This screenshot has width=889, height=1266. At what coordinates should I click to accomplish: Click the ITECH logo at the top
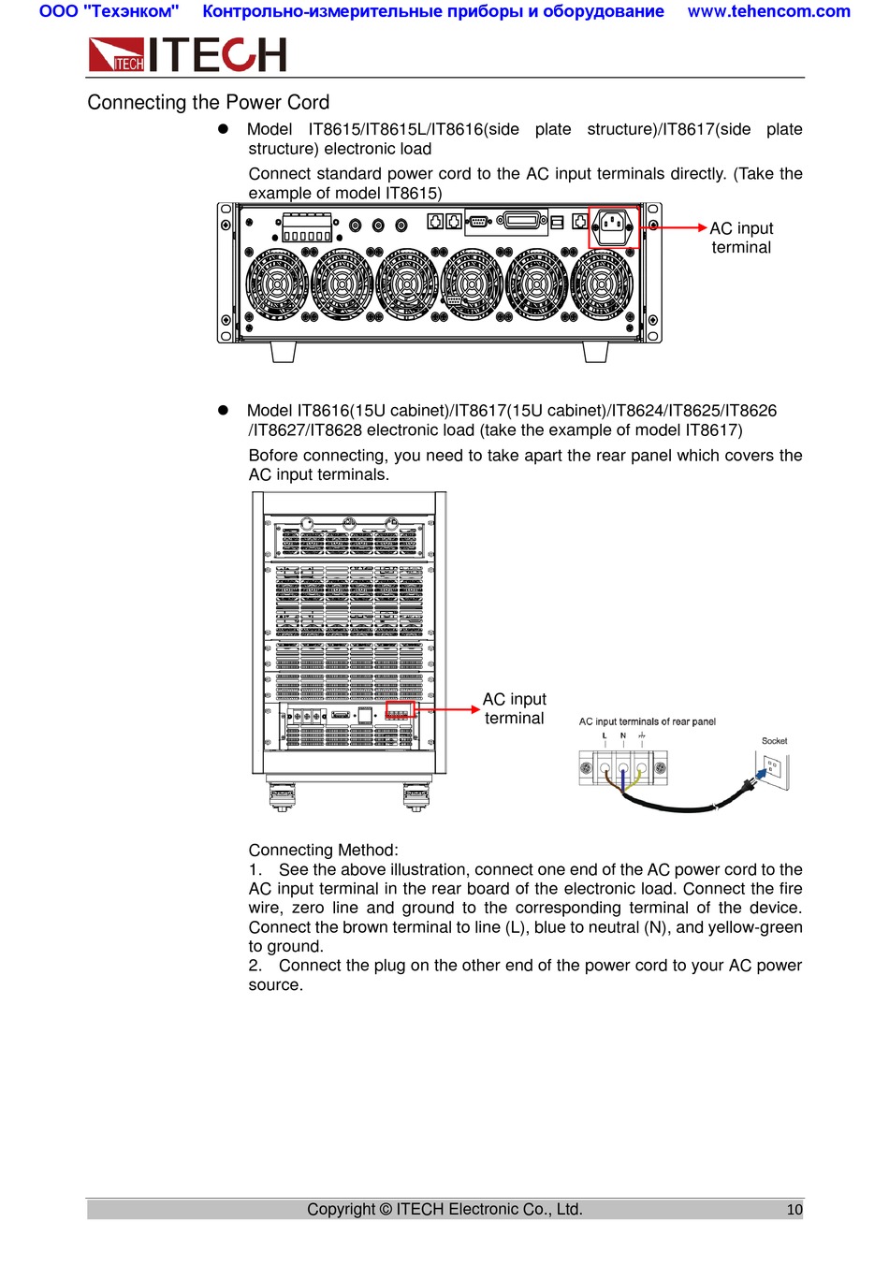pos(187,55)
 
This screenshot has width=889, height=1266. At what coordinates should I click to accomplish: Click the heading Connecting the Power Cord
pos(208,102)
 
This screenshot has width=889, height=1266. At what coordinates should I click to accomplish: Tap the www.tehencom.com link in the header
pos(768,11)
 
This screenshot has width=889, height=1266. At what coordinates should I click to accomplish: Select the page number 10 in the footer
pos(794,1209)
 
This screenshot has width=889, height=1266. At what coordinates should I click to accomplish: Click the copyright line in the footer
pos(444,1209)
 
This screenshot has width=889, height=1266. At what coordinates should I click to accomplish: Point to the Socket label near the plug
pos(774,741)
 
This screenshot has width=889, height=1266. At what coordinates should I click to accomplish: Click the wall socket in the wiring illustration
pos(774,770)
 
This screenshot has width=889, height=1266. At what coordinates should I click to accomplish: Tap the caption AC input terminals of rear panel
pos(647,721)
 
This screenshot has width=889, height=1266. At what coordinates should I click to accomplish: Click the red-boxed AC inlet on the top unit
pos(613,226)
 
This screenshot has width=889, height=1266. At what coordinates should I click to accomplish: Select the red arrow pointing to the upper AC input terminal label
pos(674,227)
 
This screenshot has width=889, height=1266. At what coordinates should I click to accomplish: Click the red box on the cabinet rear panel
pos(400,710)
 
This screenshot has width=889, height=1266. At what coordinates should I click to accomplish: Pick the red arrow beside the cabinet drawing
pos(447,710)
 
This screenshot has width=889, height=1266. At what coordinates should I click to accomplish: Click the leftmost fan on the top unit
pos(276,284)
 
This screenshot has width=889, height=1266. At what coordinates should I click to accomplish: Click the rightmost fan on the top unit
pos(602,284)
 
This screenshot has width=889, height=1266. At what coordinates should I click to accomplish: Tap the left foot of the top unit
pos(283,351)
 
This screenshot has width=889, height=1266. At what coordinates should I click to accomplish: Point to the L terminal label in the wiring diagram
pos(605,735)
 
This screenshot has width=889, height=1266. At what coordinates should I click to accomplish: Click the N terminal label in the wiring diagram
pos(623,735)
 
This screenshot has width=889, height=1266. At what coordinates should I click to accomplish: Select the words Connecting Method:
pos(323,850)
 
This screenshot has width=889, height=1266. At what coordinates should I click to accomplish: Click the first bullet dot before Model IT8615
pos(224,129)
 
